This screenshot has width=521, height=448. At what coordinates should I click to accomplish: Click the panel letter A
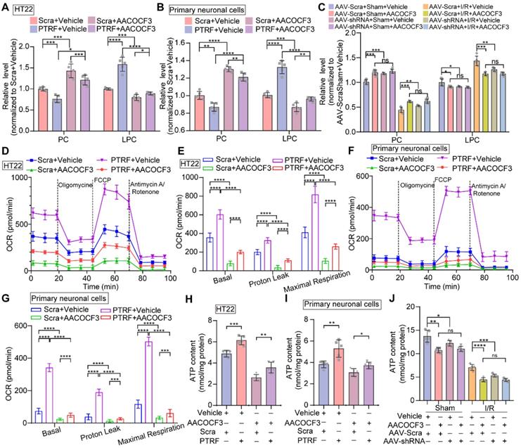click(6, 6)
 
